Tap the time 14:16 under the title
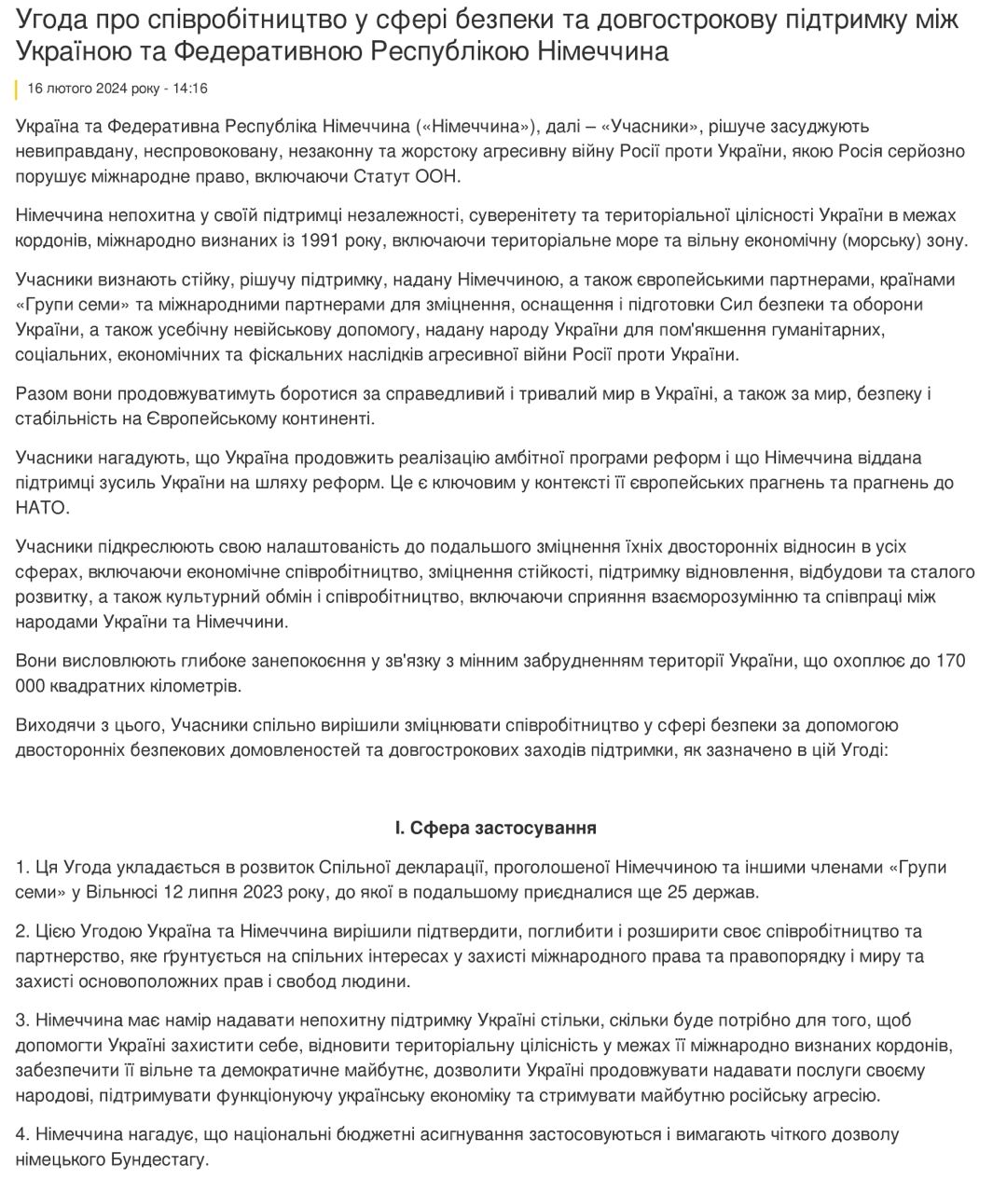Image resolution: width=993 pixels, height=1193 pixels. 190,89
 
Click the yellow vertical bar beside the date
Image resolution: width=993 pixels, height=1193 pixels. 17,89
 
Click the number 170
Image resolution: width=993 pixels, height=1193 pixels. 950,661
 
